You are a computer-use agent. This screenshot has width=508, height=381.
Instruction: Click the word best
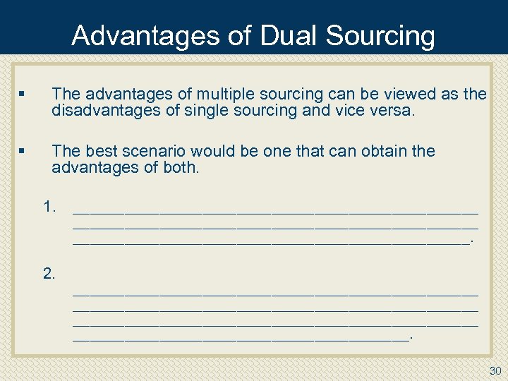[x=99, y=151]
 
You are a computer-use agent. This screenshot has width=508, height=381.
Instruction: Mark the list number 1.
[x=49, y=207]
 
